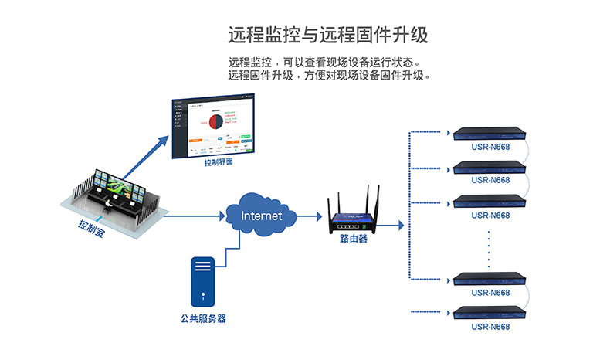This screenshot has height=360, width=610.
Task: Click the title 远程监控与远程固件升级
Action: tap(327, 35)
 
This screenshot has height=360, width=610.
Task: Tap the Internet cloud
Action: tap(262, 216)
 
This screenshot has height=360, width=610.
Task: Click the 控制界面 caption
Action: tap(219, 163)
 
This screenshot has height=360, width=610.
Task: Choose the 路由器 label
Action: tap(354, 239)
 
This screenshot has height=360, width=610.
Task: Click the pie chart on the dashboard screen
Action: tap(215, 121)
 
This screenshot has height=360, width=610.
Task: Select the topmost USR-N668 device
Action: tap(490, 132)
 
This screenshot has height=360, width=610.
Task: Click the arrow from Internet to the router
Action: tap(308, 216)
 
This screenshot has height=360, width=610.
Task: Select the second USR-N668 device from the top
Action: tap(490, 165)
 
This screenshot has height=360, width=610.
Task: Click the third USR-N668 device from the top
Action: tap(490, 201)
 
